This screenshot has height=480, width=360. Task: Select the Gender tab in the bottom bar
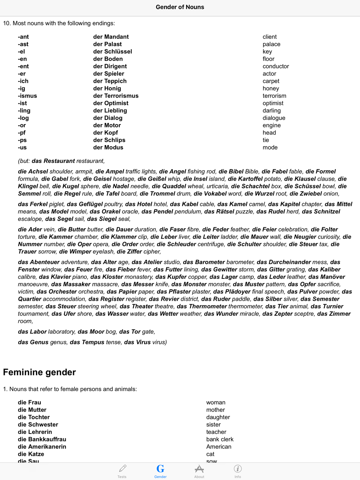click(x=161, y=471)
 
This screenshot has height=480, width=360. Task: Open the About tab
click(x=199, y=471)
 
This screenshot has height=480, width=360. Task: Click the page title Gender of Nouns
click(x=180, y=7)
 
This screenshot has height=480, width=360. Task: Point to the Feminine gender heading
click(x=40, y=372)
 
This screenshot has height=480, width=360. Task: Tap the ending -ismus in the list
click(x=28, y=96)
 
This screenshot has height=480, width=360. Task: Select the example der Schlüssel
click(x=113, y=51)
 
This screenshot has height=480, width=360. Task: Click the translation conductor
click(x=276, y=66)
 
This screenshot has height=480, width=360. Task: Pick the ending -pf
click(x=22, y=133)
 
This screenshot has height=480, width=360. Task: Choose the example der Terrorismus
click(x=116, y=96)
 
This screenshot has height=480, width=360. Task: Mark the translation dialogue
click(x=274, y=118)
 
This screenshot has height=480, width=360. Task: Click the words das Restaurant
click(x=53, y=161)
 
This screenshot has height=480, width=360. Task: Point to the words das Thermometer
click(x=202, y=306)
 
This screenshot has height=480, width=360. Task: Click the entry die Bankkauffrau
click(x=42, y=439)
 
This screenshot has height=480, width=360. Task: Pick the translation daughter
click(x=218, y=417)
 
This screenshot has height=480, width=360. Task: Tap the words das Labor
click(x=32, y=332)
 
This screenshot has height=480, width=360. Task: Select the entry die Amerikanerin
click(x=42, y=447)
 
